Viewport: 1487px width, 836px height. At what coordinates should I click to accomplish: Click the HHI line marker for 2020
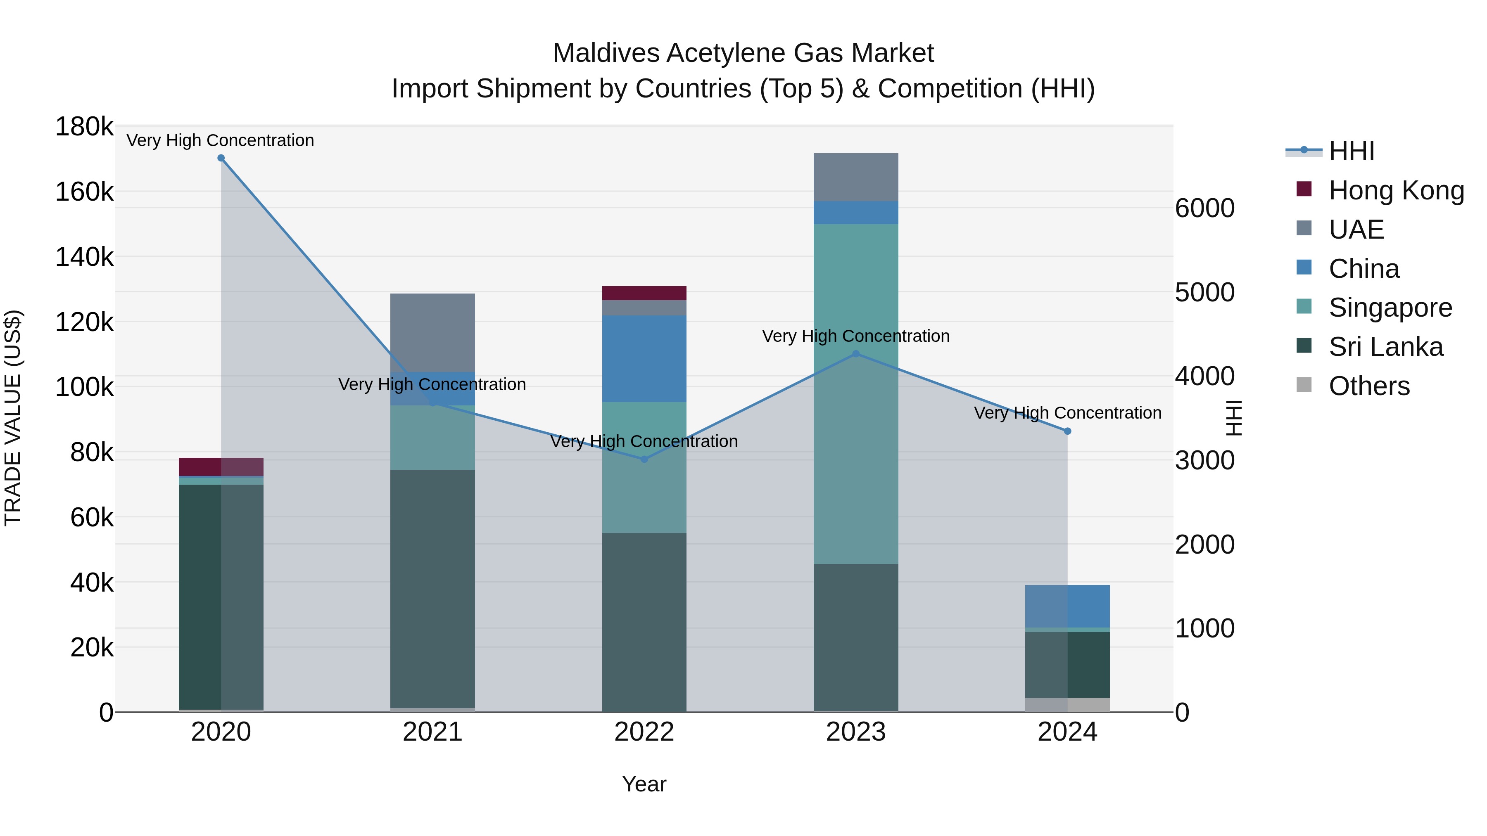(x=221, y=158)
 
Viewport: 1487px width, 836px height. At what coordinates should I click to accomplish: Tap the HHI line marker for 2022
(x=644, y=459)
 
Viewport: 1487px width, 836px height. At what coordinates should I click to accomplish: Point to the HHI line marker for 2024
(x=1067, y=431)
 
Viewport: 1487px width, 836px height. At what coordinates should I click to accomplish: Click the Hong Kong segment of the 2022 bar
(x=644, y=293)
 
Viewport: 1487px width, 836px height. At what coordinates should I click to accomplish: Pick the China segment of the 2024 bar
(x=1067, y=606)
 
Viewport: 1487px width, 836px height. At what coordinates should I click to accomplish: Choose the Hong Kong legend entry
(x=1396, y=190)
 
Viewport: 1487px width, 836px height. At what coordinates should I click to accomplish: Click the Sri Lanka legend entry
(x=1385, y=347)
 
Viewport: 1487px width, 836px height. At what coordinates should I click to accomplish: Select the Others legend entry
(x=1369, y=386)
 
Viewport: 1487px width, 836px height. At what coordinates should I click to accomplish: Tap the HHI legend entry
(x=1351, y=151)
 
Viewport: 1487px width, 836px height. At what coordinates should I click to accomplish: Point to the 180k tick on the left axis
(x=84, y=127)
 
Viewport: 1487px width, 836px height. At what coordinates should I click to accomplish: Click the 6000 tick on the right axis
(x=1205, y=208)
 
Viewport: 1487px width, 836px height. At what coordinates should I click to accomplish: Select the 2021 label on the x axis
(x=432, y=732)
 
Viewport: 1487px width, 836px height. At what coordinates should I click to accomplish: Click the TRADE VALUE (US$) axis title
(x=13, y=418)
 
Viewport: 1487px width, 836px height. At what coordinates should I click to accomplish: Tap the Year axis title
(x=644, y=784)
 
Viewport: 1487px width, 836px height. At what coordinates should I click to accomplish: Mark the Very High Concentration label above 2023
(x=855, y=336)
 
